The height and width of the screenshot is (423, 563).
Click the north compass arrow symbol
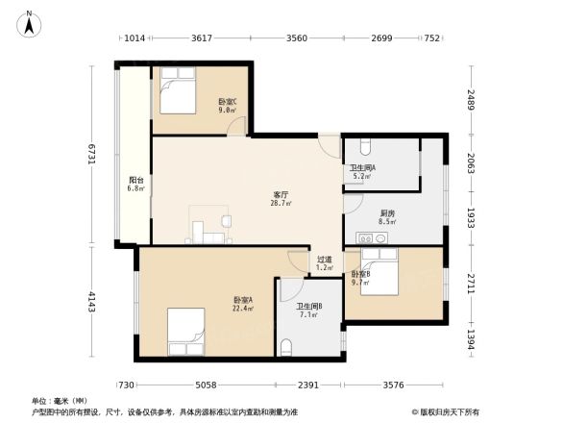coord(30,22)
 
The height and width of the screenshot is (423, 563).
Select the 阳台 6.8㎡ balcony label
coord(137,183)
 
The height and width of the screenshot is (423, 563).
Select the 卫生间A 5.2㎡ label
coord(362,172)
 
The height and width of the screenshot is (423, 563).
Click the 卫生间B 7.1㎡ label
coord(308,311)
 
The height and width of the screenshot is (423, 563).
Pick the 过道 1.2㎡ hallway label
coord(325,262)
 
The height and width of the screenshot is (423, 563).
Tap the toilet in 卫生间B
coord(288,347)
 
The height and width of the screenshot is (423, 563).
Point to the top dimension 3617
coord(201,39)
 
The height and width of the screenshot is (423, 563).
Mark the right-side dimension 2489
coord(471,99)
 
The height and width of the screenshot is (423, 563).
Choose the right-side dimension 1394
coord(471,339)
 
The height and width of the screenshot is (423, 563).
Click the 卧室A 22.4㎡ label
coord(243,304)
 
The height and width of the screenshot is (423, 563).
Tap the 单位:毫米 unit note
coord(60,401)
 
